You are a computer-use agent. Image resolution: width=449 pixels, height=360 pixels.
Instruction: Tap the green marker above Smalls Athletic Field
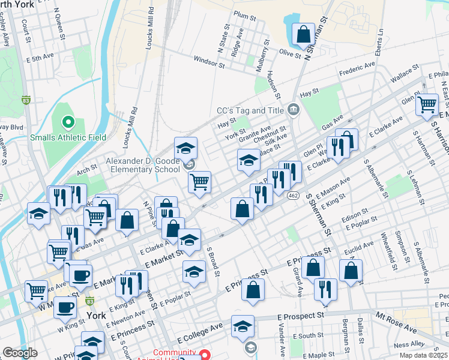[x=68, y=123]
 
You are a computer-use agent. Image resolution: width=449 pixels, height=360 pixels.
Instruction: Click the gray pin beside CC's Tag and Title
[x=294, y=109]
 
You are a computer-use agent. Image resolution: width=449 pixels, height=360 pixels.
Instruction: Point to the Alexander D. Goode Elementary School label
[x=142, y=165]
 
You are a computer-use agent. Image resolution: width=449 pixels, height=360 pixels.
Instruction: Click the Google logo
[x=20, y=353]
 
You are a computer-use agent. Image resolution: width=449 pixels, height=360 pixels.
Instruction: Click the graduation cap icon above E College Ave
[x=242, y=327]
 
